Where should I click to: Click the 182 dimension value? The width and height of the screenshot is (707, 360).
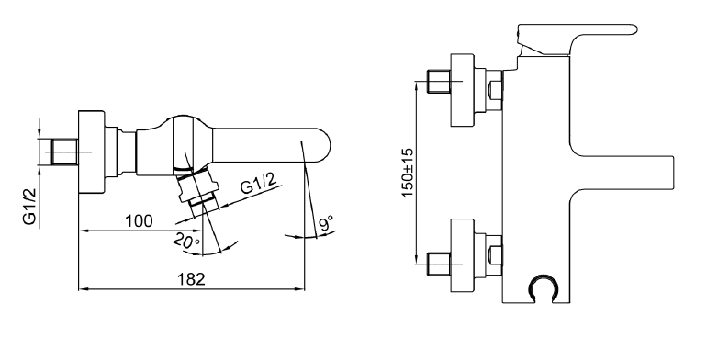191,279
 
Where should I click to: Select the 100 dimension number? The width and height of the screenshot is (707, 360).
139,221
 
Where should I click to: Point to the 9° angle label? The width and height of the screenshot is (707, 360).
327,223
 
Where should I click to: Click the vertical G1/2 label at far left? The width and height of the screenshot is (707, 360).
29,206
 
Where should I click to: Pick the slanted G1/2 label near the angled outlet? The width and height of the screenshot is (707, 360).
258,182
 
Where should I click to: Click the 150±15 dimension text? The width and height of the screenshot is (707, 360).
408,173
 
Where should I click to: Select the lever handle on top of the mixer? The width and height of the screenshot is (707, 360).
578,39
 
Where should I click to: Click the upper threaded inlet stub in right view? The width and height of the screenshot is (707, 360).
438,81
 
